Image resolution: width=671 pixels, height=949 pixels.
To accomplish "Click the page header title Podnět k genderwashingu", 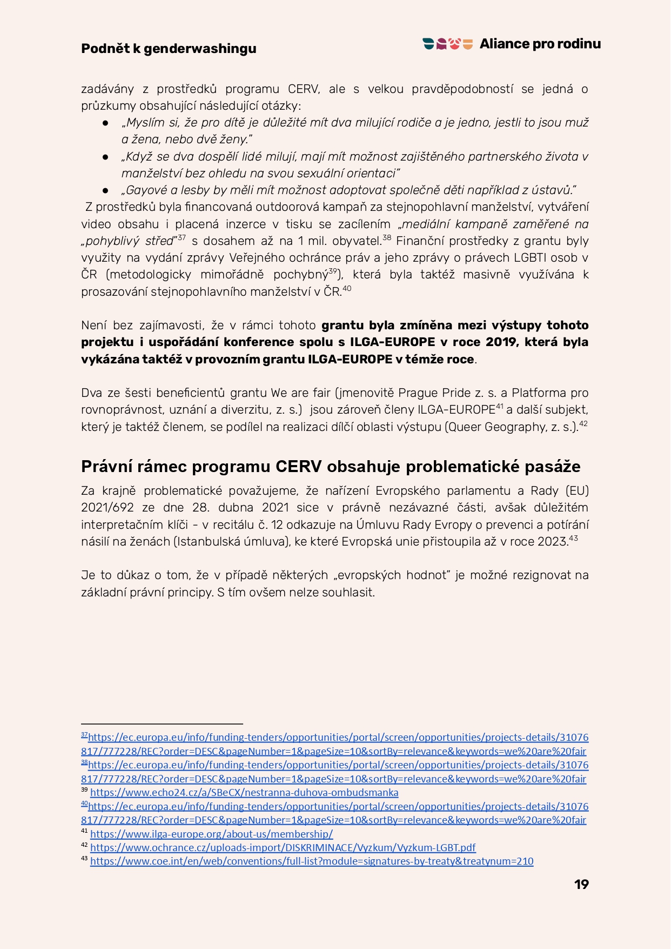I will pos(169,49).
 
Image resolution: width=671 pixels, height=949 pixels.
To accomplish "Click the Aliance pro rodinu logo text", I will pos(540,44).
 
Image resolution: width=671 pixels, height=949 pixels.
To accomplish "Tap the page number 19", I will pos(581,884).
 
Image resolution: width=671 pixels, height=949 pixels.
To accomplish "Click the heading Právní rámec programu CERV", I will pos(331,466).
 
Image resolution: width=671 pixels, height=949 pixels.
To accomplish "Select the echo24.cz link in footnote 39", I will pos(244,793).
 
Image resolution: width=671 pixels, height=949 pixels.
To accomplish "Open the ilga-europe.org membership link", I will pos(211,834).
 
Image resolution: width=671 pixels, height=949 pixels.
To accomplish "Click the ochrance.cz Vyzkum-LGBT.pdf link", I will pos(283,847).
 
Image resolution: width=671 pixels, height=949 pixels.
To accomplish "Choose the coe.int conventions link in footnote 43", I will pos(312,861).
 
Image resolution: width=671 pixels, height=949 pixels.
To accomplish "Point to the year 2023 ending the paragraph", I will pos(551,542).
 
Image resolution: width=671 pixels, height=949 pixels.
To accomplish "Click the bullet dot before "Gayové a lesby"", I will pos(106,190).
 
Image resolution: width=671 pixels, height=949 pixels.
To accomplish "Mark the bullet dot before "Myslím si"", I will pos(106,123).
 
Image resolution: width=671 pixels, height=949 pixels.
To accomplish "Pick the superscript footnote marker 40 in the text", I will pos(347,289).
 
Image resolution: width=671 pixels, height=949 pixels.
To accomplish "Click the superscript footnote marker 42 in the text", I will pos(583,424).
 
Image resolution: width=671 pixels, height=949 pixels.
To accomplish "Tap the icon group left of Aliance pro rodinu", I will pos(448,44).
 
